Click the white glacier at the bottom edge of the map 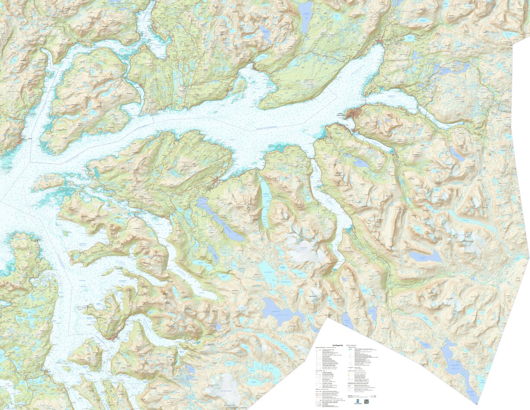pyautogui.click(x=223, y=387)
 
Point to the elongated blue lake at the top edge pyautogui.click(x=305, y=15)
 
